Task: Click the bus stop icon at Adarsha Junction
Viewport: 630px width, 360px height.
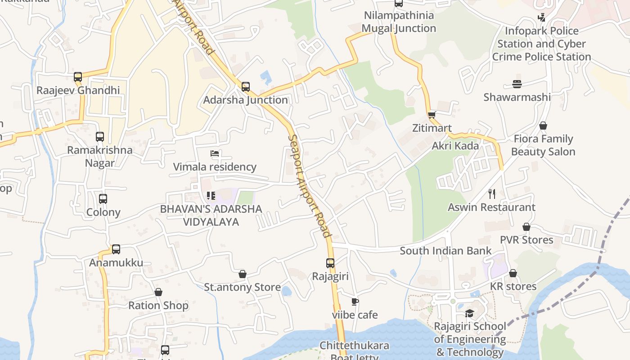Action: coord(246,86)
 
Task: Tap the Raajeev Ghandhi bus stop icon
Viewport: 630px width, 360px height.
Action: coord(78,77)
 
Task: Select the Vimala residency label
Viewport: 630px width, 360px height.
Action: coord(215,167)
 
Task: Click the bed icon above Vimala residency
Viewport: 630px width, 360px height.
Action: coord(215,153)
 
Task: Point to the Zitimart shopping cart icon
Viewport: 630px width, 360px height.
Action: coord(432,115)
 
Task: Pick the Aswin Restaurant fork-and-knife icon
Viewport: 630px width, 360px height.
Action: coord(492,194)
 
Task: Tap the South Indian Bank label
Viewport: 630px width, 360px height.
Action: coord(445,251)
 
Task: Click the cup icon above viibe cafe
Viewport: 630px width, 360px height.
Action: coord(355,301)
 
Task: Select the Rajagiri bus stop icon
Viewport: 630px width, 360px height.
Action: coord(330,263)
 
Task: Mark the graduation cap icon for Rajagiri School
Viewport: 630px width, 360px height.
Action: coord(469,313)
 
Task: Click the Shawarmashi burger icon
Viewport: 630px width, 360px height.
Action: coord(517,84)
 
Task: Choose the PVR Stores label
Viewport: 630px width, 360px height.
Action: coord(526,240)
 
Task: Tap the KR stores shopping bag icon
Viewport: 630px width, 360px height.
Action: coord(513,273)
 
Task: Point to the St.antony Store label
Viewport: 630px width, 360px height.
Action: coord(243,287)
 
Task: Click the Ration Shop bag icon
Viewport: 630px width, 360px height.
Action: coord(158,292)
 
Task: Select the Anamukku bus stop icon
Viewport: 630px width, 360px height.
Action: coord(116,249)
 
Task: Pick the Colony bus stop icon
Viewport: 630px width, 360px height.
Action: coord(103,199)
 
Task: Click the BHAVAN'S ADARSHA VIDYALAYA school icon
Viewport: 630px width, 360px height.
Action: coord(211,196)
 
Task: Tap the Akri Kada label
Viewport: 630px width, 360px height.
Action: coord(455,146)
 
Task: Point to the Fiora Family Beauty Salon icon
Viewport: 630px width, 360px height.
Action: coord(543,126)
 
